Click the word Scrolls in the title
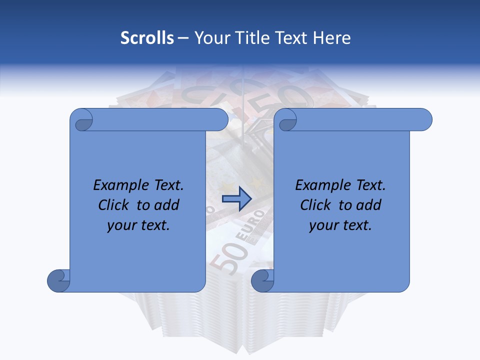click(x=147, y=38)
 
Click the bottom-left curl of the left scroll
click(x=58, y=280)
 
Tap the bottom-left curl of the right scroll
click(x=262, y=280)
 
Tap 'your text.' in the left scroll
click(x=138, y=225)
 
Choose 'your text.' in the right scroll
click(x=340, y=225)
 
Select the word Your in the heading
click(x=210, y=38)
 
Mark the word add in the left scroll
click(x=167, y=205)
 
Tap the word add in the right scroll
click(x=369, y=205)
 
